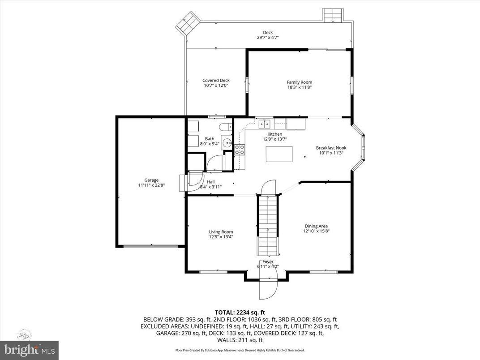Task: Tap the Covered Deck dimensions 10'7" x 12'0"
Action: click(x=216, y=86)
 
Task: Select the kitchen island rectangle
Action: click(x=279, y=154)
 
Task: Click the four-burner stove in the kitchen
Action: click(x=240, y=150)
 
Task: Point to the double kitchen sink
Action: click(x=265, y=122)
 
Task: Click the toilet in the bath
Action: click(x=226, y=127)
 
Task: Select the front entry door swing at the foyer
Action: click(x=268, y=288)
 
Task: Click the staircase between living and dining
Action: click(x=268, y=226)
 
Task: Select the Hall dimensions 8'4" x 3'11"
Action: click(x=210, y=187)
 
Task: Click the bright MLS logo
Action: click(x=30, y=349)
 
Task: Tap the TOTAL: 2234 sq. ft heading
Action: click(x=240, y=312)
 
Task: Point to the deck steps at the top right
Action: click(x=334, y=15)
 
